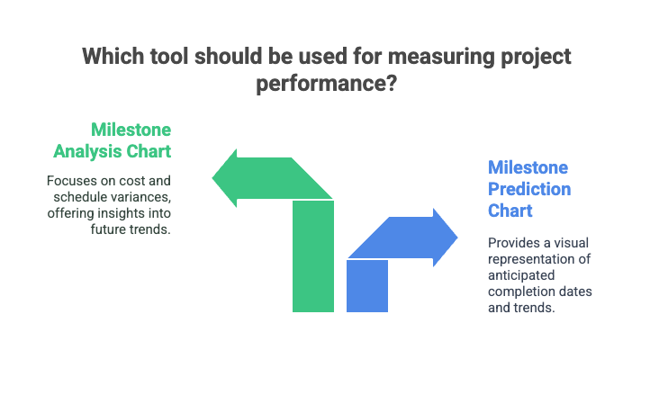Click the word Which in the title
(113, 57)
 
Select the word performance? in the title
(327, 84)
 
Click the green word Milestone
(131, 130)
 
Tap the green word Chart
(149, 151)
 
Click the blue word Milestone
(528, 167)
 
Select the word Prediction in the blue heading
(529, 189)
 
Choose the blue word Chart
(510, 211)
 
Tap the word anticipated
(521, 275)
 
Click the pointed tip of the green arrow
(212, 178)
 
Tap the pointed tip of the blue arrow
(457, 238)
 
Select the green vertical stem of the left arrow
(313, 256)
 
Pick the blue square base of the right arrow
(367, 286)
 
